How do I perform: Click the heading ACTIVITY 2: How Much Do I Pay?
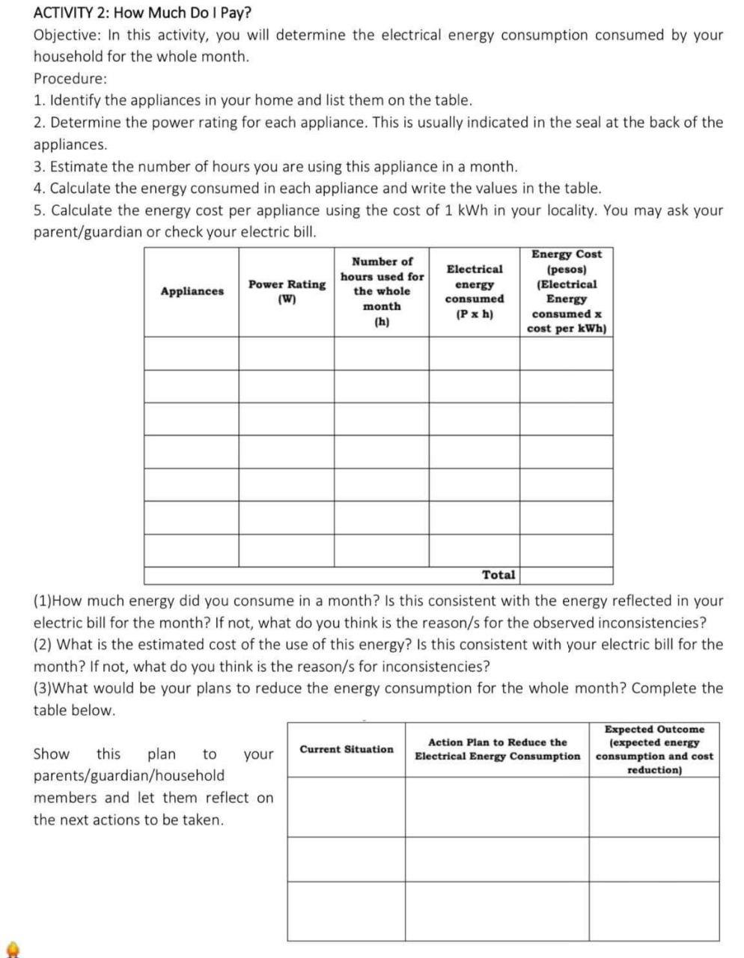[142, 13]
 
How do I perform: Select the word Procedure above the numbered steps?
[70, 79]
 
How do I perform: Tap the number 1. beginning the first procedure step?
[40, 100]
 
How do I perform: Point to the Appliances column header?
[192, 291]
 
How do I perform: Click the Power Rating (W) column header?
[287, 291]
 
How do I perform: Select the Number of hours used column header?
[382, 291]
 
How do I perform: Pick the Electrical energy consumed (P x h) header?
[475, 291]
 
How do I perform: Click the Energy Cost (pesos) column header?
[567, 291]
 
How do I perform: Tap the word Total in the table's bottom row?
[498, 575]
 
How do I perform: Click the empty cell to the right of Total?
[567, 575]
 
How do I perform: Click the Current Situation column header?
[347, 749]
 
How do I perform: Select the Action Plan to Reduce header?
[498, 749]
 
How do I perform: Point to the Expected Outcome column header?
[654, 749]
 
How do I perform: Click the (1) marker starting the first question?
[43, 601]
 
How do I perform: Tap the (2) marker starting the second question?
[43, 644]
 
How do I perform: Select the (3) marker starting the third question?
[43, 689]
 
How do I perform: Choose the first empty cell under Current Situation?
[347, 806]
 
